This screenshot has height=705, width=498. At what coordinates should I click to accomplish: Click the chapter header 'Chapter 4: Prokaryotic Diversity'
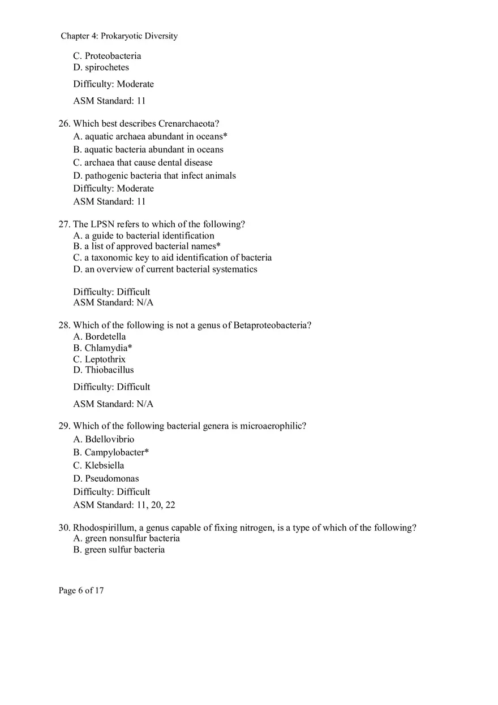click(119, 36)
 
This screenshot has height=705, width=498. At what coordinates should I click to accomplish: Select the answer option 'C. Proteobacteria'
click(107, 56)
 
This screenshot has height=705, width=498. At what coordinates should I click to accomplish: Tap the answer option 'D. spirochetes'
click(101, 67)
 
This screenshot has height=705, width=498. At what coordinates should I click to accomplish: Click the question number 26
click(64, 124)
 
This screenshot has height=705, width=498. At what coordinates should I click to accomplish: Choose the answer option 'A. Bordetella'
click(99, 337)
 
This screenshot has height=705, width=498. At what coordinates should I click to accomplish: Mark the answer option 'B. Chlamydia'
click(102, 348)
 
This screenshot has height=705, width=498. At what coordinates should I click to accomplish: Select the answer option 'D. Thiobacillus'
click(104, 370)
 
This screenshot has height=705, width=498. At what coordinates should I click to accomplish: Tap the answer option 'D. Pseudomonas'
click(106, 479)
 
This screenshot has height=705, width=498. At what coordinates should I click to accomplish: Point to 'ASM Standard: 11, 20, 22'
click(124, 505)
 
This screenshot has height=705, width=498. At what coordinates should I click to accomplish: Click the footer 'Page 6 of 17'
click(81, 591)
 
